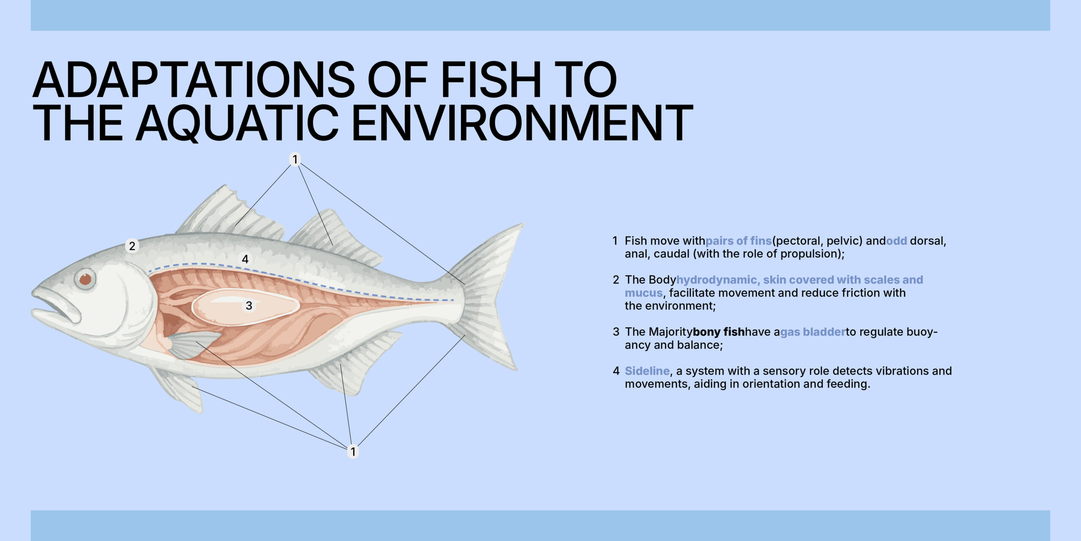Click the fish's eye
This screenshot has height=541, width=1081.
[85, 279]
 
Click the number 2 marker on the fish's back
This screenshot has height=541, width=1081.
[132, 246]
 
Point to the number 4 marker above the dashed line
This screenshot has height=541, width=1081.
[245, 259]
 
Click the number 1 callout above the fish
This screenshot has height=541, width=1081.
[295, 159]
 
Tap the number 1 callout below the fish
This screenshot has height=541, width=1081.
[353, 451]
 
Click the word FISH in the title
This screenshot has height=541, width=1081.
[491, 80]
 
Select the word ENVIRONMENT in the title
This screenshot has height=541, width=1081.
[522, 123]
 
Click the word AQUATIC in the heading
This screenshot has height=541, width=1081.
[237, 123]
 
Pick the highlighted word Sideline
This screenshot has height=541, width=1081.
[647, 371]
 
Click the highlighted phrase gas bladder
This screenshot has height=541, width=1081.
[812, 332]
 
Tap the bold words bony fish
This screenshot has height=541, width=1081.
[719, 332]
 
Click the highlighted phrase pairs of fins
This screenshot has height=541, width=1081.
[739, 241]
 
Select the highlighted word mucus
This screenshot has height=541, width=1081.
[644, 293]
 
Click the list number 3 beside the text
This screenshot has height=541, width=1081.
[616, 332]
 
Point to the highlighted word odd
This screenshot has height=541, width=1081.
[896, 240]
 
